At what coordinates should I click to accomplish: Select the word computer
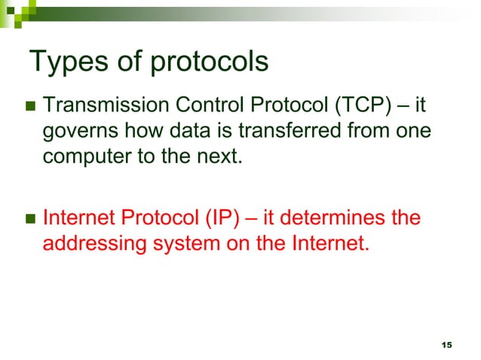click(82, 159)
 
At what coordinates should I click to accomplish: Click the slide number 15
click(446, 344)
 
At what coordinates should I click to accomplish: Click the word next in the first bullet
click(224, 159)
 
